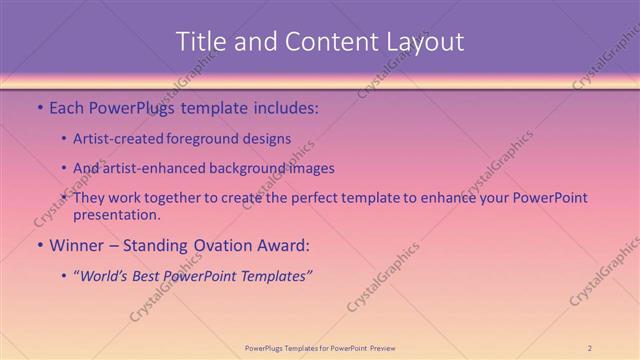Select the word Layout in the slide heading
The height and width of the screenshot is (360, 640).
tap(423, 42)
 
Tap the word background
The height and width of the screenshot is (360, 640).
tap(250, 168)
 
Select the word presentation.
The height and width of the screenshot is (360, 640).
tap(117, 214)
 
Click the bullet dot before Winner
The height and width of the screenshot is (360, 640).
tap(39, 245)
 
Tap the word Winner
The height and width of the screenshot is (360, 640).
tap(77, 244)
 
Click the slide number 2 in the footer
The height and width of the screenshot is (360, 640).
tap(590, 348)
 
